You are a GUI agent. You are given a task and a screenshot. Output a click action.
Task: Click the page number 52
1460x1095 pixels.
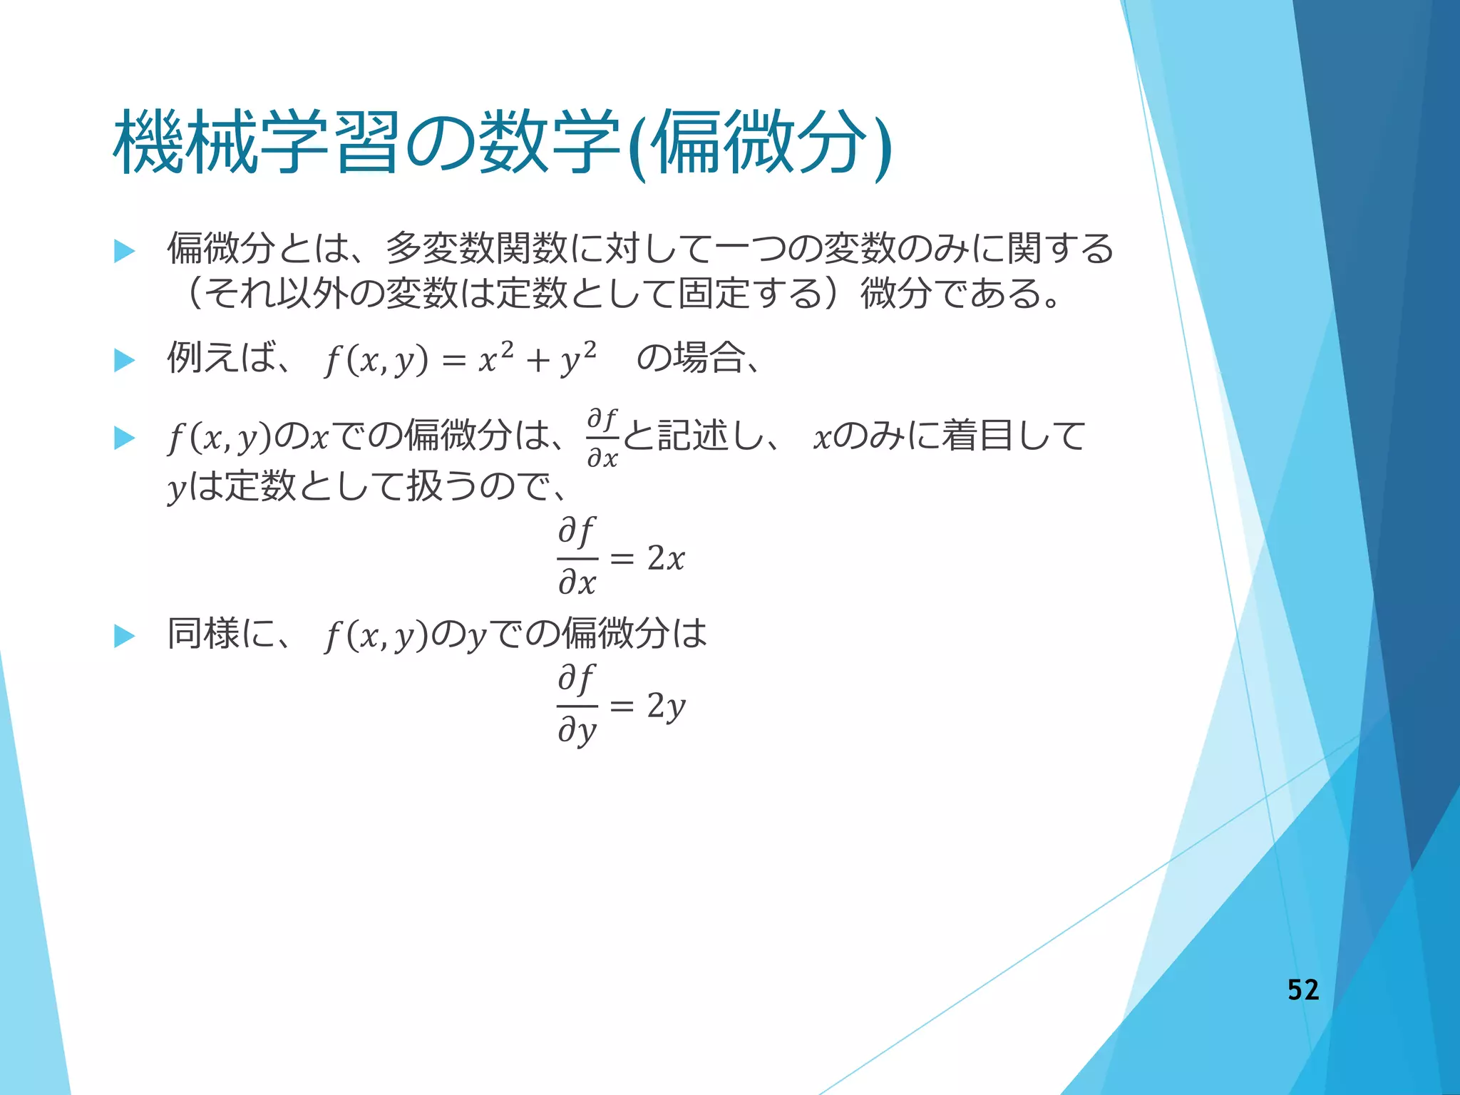(x=1302, y=989)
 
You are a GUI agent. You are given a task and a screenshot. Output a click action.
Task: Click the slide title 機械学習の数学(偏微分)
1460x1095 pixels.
(x=502, y=143)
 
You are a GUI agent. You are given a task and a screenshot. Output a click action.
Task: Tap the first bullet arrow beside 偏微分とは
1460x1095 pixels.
(x=125, y=251)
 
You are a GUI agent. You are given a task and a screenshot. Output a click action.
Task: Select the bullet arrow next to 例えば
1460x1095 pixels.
(x=125, y=360)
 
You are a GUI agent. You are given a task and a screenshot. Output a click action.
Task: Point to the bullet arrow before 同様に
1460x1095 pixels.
(x=125, y=635)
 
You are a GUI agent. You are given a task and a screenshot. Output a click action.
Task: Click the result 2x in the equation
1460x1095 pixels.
(x=666, y=557)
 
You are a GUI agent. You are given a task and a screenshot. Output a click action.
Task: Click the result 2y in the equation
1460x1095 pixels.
(x=666, y=706)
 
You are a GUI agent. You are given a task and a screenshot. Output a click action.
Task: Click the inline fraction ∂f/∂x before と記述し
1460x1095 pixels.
(x=602, y=438)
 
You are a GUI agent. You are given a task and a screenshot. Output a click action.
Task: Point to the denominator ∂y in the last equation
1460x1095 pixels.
(x=577, y=731)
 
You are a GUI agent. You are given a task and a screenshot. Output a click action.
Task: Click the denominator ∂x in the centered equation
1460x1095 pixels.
(x=577, y=582)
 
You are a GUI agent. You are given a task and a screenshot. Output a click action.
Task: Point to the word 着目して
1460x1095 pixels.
(x=1013, y=436)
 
